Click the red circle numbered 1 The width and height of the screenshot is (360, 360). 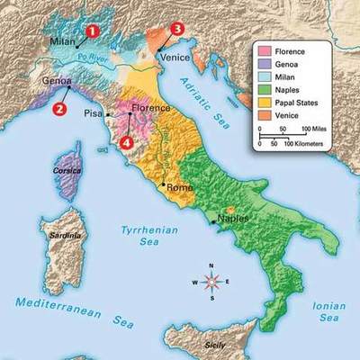coord(91,30)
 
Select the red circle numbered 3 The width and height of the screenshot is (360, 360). coord(177,29)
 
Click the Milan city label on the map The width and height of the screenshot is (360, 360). coord(61,42)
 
